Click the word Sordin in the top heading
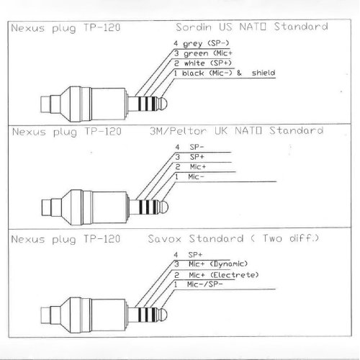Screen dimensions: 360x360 194,27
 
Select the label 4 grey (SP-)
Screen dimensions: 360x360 202,43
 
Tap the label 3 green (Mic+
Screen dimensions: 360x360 203,53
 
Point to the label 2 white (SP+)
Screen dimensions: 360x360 203,63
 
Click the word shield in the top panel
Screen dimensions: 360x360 264,73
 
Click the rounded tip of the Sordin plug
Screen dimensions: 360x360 163,103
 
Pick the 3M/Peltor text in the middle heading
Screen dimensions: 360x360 178,131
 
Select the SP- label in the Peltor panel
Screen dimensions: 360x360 197,147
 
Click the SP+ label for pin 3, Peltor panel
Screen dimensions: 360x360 197,157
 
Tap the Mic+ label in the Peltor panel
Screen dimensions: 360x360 198,167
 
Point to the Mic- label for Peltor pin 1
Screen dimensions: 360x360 196,177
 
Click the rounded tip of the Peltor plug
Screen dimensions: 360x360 164,207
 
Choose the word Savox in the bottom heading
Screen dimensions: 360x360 164,239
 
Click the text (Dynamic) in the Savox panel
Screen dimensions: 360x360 229,264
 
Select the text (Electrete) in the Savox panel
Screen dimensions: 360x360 235,275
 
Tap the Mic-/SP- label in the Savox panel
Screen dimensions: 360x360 204,284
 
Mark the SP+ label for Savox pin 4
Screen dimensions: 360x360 195,254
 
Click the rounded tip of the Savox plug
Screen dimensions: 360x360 163,315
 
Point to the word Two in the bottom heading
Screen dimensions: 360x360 272,238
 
